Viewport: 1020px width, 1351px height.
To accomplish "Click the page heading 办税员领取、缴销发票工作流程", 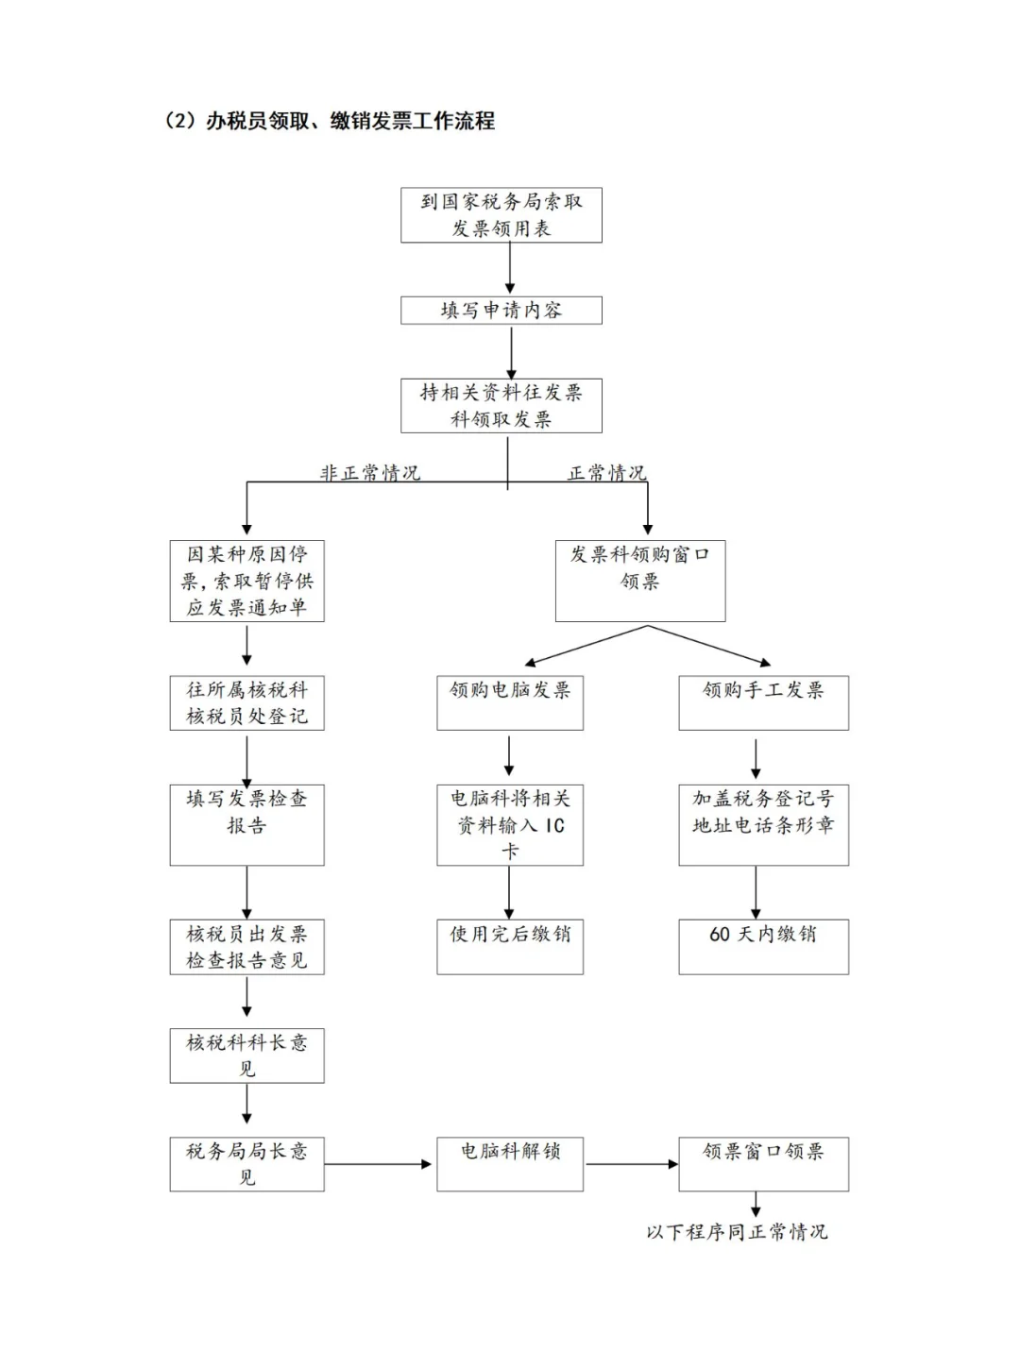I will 330,121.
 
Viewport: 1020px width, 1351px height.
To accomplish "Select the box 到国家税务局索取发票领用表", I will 501,215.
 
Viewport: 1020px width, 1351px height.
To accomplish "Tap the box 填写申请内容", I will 501,311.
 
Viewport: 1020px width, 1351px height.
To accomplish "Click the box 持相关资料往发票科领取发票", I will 501,406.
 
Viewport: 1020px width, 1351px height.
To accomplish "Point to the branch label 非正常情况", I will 369,472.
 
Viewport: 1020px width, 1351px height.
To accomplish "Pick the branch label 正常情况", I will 606,472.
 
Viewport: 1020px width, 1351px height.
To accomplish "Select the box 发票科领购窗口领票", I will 639,581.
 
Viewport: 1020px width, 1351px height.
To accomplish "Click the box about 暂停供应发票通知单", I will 246,581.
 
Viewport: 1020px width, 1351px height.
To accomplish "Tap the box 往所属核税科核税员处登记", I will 246,702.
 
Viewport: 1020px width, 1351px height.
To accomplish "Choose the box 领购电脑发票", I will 509,702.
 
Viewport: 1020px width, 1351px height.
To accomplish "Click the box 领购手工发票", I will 763,702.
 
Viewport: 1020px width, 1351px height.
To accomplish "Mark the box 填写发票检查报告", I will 246,824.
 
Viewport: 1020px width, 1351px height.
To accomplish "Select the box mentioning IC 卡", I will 509,824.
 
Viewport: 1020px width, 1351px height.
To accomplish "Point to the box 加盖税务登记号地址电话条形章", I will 763,824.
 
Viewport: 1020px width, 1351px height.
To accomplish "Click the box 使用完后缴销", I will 509,946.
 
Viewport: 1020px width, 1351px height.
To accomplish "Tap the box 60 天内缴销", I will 763,946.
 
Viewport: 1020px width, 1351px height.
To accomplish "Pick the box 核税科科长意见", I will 246,1055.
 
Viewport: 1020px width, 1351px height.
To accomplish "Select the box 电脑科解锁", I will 509,1163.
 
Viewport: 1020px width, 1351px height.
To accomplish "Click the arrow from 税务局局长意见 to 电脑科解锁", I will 378,1164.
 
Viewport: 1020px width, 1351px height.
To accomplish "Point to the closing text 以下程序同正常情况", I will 737,1232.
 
